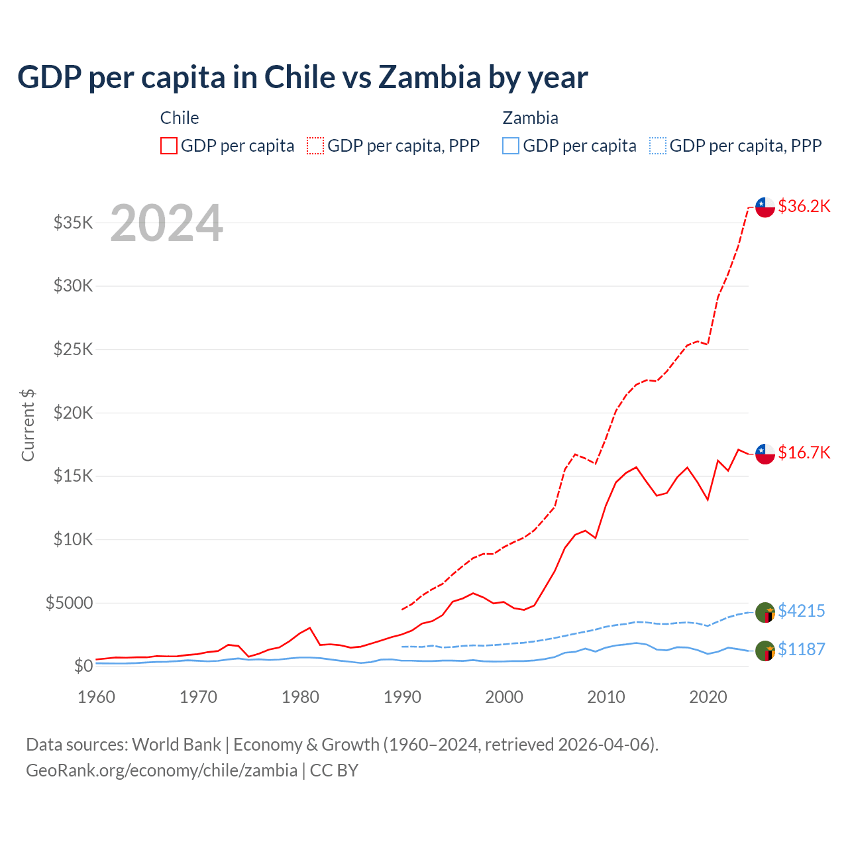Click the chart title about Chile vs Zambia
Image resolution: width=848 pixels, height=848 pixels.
click(302, 78)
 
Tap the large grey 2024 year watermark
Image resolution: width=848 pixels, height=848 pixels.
click(166, 224)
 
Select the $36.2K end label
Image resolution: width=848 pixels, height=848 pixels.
click(804, 206)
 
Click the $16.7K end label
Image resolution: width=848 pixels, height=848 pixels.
click(804, 452)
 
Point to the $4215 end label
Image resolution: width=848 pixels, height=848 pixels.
click(801, 611)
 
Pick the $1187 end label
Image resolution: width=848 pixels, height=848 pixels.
click(801, 649)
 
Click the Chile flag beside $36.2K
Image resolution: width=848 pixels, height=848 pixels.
click(765, 207)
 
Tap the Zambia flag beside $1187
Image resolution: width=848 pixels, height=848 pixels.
click(765, 651)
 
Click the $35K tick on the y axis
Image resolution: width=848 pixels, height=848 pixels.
click(74, 223)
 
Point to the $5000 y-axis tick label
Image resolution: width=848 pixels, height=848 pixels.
click(70, 603)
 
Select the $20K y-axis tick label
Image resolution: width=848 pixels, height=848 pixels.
click(74, 413)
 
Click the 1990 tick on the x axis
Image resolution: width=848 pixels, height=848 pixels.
click(402, 697)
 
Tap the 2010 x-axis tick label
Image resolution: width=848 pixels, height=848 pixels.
click(606, 697)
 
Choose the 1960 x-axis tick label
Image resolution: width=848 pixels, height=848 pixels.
click(97, 697)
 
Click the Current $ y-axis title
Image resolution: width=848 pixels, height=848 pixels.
click(28, 425)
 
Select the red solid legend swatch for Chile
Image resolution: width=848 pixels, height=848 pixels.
click(169, 146)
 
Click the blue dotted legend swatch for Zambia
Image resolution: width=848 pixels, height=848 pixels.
click(658, 146)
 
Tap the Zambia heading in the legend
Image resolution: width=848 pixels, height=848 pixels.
click(530, 118)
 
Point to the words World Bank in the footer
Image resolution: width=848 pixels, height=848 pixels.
click(176, 745)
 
